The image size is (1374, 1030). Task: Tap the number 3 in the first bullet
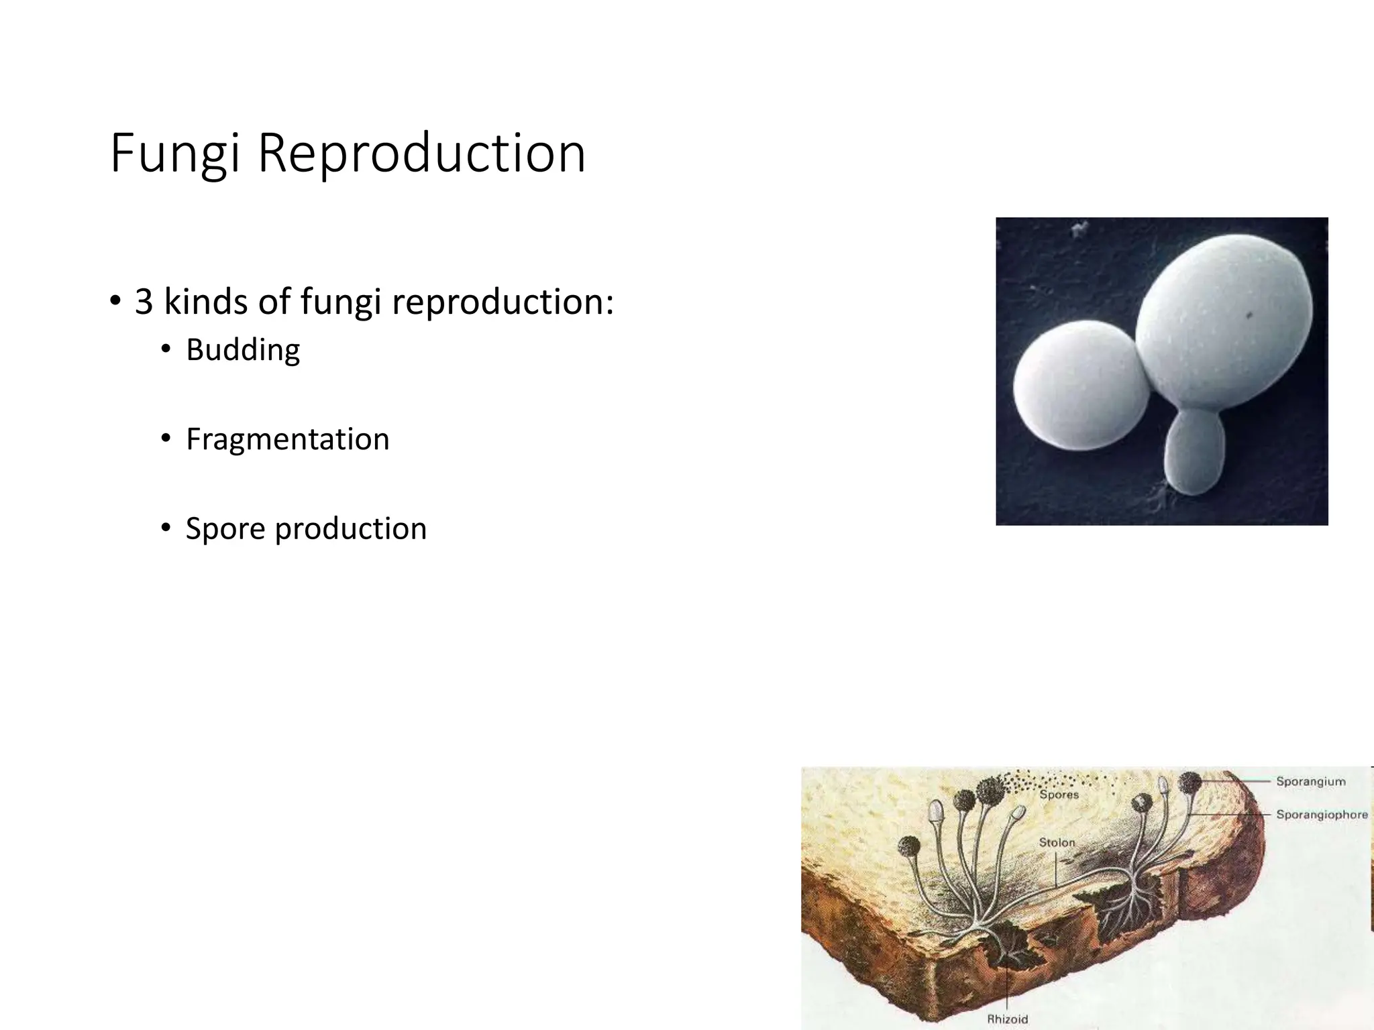144,302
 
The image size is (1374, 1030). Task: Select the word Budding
243,350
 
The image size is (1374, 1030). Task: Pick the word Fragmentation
287,439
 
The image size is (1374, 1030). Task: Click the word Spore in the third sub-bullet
225,528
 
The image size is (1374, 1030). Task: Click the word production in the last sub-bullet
350,528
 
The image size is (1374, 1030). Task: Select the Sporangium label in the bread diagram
1310,781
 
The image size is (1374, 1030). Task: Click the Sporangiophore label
1321,814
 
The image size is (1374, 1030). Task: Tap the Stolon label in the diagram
1057,842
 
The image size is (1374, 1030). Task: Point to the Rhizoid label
1007,1019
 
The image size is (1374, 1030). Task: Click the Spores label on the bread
1059,795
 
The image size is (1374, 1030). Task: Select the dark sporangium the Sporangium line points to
1190,782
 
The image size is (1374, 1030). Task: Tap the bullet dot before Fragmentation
166,439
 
